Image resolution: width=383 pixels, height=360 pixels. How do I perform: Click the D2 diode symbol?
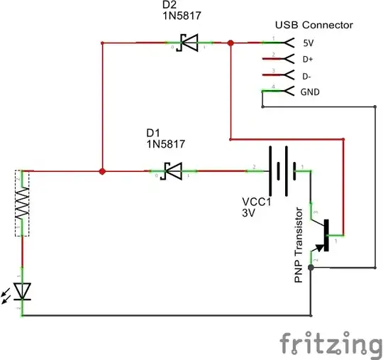coord(187,44)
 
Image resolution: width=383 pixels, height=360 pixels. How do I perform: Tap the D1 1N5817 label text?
coord(165,138)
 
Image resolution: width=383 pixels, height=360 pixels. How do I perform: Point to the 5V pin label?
coord(309,43)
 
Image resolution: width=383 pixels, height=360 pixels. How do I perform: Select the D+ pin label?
coord(309,59)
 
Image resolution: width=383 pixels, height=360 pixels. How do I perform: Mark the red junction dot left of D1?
coord(103,171)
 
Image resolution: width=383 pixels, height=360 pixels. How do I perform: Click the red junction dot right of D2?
coord(231,44)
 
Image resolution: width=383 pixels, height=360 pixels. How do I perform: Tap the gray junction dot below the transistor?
coord(311,268)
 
